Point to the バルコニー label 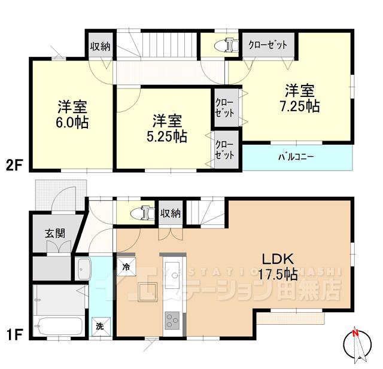tap(296, 158)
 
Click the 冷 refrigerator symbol tap(127, 267)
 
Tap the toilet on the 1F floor tap(142, 212)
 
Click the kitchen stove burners tap(172, 321)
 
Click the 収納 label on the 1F tap(171, 212)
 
